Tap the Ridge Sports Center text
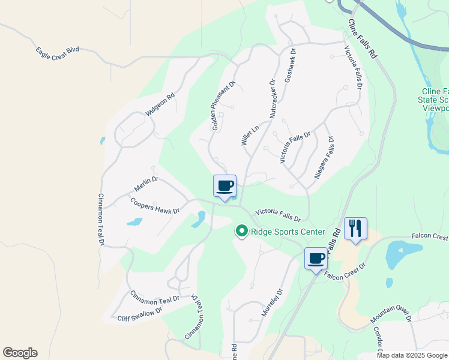tap(288, 232)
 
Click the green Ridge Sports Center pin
tap(242, 231)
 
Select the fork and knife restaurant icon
tap(355, 229)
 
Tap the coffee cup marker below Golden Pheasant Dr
tap(225, 186)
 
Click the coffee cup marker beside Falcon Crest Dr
tap(316, 259)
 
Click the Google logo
tap(20, 353)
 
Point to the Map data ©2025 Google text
tap(412, 355)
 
